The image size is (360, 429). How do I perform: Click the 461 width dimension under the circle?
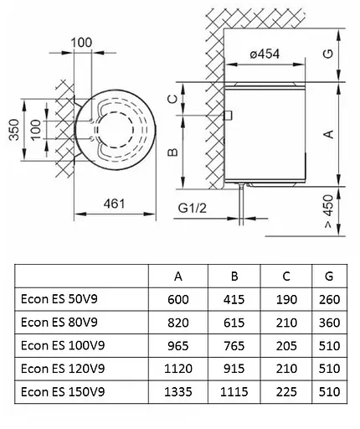(115, 202)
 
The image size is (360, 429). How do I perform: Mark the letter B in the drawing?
(172, 152)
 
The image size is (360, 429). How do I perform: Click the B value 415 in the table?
(234, 298)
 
